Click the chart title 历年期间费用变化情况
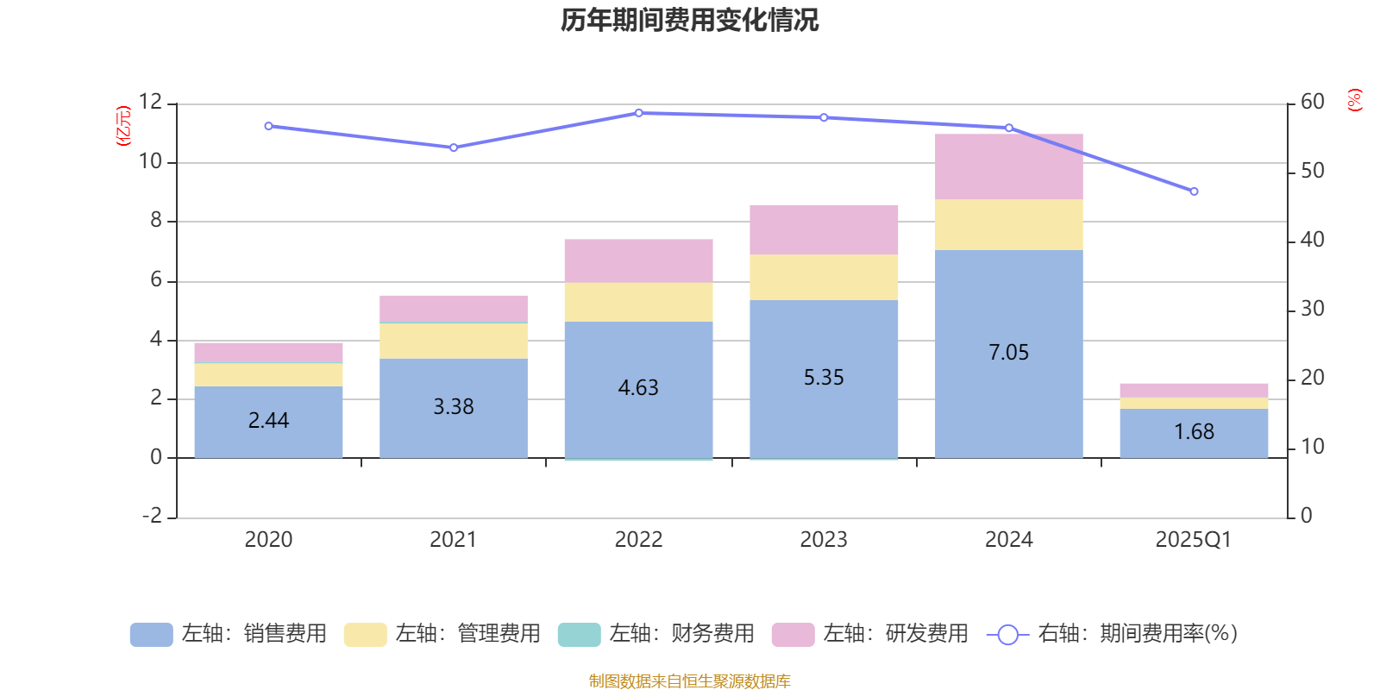click(689, 20)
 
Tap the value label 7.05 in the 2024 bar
click(1008, 352)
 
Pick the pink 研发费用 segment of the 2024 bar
click(1008, 167)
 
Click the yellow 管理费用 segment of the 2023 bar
click(824, 277)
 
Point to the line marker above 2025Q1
click(1194, 191)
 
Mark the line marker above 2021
click(454, 147)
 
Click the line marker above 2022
click(638, 113)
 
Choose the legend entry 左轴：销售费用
click(229, 634)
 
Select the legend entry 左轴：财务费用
click(656, 634)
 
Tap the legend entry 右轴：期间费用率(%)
click(1112, 634)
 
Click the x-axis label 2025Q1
click(1193, 540)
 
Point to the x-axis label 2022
click(638, 540)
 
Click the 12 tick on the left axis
click(150, 102)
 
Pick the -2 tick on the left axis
click(152, 516)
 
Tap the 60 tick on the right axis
click(1312, 102)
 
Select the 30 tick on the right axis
click(1312, 309)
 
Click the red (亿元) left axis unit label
click(123, 126)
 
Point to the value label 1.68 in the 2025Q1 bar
click(1194, 431)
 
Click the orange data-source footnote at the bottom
click(689, 681)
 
